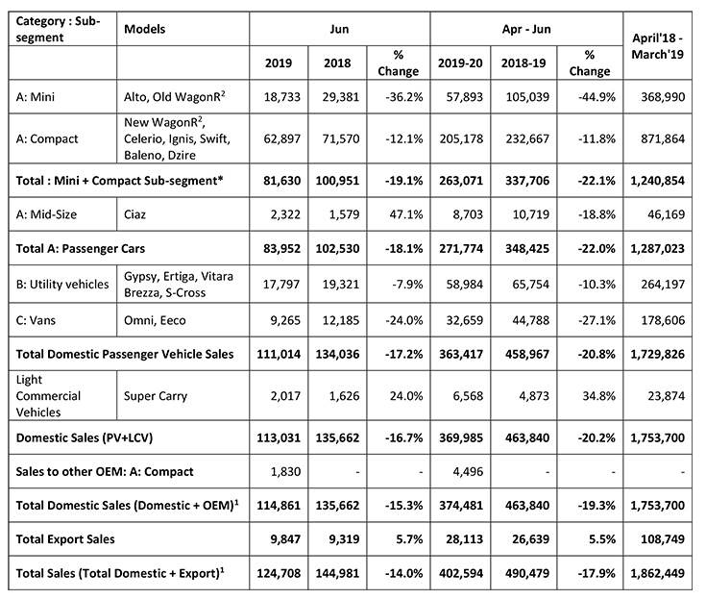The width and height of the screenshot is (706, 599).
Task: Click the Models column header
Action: [x=144, y=29]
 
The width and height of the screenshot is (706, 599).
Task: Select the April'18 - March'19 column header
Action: [x=657, y=46]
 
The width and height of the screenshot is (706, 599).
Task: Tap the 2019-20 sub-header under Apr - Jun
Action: [x=460, y=62]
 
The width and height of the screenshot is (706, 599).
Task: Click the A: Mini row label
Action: [x=36, y=97]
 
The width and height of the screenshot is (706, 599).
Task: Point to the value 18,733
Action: [x=281, y=97]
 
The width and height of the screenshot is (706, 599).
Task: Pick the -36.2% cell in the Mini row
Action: [x=404, y=97]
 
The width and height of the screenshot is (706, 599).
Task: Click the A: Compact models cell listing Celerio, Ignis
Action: [x=178, y=138]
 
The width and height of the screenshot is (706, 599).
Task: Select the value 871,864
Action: [x=663, y=138]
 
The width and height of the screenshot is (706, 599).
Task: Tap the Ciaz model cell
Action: [x=134, y=214]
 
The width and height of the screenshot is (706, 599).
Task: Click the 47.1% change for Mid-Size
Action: [x=406, y=214]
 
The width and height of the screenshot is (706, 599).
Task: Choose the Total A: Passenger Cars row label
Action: [x=81, y=248]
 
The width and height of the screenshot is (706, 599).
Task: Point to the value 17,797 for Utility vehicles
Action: [x=281, y=285]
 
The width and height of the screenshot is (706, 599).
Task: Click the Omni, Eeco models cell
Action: [x=155, y=320]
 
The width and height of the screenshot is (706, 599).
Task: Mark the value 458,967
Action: [x=527, y=354]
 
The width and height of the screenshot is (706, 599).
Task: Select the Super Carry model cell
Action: [x=156, y=396]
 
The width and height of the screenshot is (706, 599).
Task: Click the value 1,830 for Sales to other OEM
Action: [x=285, y=471]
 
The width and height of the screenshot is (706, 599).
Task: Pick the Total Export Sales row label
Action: [x=65, y=539]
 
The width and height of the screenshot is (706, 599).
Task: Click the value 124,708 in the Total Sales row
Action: [x=279, y=573]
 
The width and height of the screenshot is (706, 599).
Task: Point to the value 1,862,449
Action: [x=657, y=573]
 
